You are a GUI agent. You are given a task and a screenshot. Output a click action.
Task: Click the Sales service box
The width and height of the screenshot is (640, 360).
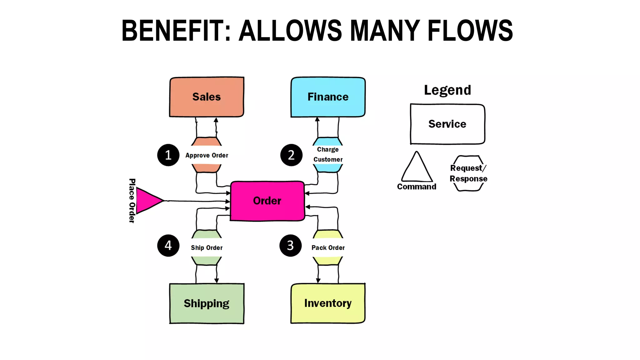coord(207,97)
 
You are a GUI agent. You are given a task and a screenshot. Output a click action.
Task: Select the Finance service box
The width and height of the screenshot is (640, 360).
coord(328,97)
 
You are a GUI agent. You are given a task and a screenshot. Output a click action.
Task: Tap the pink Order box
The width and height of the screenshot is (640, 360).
coord(267,201)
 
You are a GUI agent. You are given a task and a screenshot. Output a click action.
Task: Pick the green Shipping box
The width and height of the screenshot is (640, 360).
coord(207,303)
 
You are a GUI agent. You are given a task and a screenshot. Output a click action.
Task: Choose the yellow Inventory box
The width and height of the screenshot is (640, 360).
coord(328,303)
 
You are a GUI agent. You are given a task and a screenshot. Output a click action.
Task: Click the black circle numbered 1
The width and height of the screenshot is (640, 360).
coord(168,155)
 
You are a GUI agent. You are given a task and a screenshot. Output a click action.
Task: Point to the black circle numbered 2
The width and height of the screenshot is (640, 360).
coord(291,155)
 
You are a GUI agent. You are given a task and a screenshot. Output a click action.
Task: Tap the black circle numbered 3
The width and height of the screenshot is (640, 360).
coord(290,246)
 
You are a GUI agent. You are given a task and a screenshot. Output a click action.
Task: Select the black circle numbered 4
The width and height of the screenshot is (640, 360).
coord(168,246)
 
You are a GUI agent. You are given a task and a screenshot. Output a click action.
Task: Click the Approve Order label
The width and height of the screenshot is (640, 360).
coord(207,155)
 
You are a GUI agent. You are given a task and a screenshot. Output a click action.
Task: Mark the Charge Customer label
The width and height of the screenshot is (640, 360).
coord(328,155)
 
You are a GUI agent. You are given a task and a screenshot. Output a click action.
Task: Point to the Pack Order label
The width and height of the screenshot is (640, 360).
coord(328,247)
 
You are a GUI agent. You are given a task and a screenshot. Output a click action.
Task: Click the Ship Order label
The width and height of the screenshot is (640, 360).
coord(207,247)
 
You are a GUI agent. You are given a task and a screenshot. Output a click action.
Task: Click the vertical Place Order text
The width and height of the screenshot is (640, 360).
coord(132,201)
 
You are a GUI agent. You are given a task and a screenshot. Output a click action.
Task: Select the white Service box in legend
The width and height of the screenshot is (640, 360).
coord(447,124)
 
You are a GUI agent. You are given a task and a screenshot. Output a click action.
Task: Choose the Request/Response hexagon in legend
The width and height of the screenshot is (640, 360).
coord(468,173)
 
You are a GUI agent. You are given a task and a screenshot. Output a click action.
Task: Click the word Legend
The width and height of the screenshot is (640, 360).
coord(447,90)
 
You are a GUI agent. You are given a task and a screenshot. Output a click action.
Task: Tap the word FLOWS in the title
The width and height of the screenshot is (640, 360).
coord(470,31)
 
